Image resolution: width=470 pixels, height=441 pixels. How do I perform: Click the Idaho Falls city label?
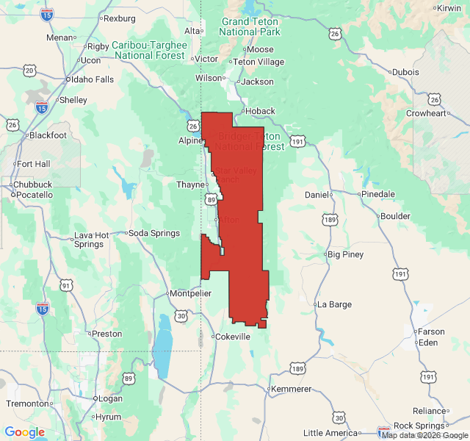pos(91,79)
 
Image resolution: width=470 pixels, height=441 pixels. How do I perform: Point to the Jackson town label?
pos(257,82)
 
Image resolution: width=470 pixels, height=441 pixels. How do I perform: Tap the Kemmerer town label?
pos(292,389)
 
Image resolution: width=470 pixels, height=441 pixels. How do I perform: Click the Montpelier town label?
pos(190,293)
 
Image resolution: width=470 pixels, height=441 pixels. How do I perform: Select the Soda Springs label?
pos(154,233)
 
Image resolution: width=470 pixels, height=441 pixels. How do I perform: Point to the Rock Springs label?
pos(419,426)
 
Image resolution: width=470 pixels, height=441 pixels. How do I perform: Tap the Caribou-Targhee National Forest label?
pos(150,50)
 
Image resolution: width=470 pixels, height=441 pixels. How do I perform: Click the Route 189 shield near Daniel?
pos(330,219)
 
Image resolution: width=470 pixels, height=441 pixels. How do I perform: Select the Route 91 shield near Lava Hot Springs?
pos(66,285)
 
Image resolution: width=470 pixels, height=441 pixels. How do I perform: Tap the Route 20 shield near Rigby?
pos(29,71)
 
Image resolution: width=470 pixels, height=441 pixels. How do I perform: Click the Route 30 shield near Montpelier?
pos(181,315)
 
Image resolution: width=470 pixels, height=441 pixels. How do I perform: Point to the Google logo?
pos(25,432)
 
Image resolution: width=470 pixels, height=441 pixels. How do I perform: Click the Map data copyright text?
pos(424,435)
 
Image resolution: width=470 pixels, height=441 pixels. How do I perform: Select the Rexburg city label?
pos(121,18)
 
